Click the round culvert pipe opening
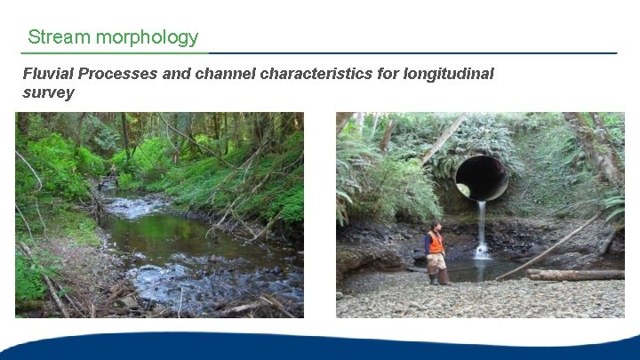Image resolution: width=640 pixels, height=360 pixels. [x=482, y=178]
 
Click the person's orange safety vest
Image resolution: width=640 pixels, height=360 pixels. [x=435, y=243]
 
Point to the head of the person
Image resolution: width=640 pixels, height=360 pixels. [x=434, y=227]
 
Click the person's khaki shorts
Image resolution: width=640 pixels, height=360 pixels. [x=436, y=260]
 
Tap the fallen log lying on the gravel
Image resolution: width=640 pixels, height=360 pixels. [x=576, y=275]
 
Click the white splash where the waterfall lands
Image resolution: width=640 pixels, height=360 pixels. [x=482, y=252]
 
